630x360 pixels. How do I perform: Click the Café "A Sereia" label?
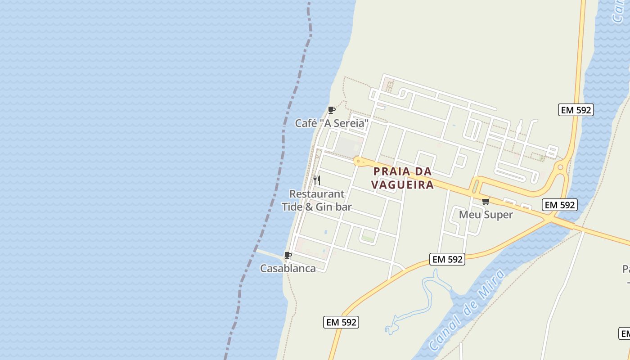point(332,123)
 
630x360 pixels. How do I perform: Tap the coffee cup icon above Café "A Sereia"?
point(332,110)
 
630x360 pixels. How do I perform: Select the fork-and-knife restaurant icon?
point(317,180)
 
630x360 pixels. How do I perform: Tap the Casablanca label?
point(288,269)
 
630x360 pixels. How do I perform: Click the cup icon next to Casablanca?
point(288,256)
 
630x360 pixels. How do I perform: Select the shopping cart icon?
point(486,201)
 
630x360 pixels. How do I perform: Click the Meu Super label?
point(486,215)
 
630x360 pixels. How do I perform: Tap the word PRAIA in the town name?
point(392,171)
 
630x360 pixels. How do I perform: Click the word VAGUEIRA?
point(402,184)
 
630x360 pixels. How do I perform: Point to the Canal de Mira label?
point(467,310)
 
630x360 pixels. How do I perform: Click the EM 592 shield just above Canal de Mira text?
point(447,259)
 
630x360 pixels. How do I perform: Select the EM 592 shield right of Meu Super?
point(560,205)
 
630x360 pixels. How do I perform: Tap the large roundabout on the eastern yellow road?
point(561,167)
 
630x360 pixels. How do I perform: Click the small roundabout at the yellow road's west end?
point(358,160)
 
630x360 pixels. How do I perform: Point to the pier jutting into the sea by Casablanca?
point(269,253)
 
